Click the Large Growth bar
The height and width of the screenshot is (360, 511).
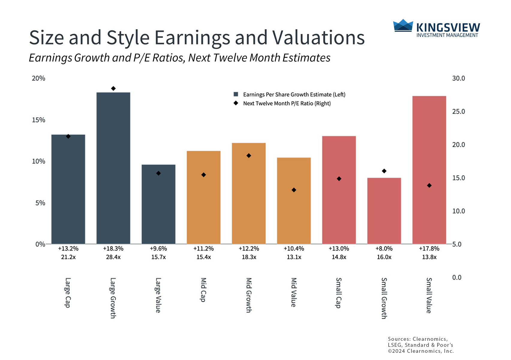point(113,168)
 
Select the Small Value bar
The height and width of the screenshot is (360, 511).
point(429,170)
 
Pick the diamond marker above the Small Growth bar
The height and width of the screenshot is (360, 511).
point(384,171)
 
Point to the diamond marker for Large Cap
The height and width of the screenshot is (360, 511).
point(68,136)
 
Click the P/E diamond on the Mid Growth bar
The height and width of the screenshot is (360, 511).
point(249,156)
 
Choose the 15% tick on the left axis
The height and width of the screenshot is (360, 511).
point(39,120)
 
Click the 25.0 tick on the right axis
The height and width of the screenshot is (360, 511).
point(458,112)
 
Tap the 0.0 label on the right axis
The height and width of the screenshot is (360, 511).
point(457,277)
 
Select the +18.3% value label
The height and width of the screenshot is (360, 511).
point(113,249)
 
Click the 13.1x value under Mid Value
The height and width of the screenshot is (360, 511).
point(294,257)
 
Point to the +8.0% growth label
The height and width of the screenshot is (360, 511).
point(384,249)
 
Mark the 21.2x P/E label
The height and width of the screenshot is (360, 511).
point(68,257)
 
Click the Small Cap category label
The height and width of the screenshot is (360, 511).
point(339,293)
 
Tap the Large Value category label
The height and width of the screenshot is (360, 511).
point(158,295)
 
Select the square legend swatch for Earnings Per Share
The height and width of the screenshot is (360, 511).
point(236,94)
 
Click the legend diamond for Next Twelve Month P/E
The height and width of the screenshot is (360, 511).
point(236,103)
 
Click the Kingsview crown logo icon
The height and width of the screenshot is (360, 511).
point(403,25)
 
